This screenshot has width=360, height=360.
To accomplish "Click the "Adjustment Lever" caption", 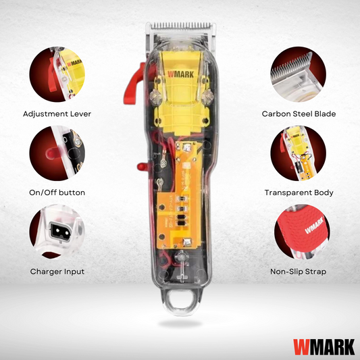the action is (x=57, y=114).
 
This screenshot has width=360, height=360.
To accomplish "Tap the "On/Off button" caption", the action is (x=57, y=192).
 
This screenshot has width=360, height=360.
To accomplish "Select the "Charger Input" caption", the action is (x=57, y=272).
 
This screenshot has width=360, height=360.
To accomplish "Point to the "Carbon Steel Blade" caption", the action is (x=299, y=114).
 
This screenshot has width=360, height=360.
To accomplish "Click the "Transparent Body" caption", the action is (x=299, y=192).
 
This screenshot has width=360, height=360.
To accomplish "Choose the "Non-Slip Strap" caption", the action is (x=299, y=272).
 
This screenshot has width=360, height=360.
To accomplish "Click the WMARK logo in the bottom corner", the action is (x=324, y=347).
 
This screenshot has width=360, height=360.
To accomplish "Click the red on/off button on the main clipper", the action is (x=143, y=166).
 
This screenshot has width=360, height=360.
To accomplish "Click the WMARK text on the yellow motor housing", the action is (x=180, y=74).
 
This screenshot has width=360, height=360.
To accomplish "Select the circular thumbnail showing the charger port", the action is (x=57, y=232).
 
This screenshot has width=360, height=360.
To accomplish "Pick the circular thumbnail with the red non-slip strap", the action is (x=302, y=232).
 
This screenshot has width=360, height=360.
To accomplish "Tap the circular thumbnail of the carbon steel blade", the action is (x=299, y=74).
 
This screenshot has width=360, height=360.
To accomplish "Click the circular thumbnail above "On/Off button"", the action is (x=57, y=153).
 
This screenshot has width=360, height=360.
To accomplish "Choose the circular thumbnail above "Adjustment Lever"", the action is (x=57, y=74).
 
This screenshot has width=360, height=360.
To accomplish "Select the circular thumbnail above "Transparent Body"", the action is (x=299, y=153).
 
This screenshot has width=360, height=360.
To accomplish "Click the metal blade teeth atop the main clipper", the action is (x=181, y=26).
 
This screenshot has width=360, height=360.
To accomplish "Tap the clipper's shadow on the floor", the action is (x=180, y=324).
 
